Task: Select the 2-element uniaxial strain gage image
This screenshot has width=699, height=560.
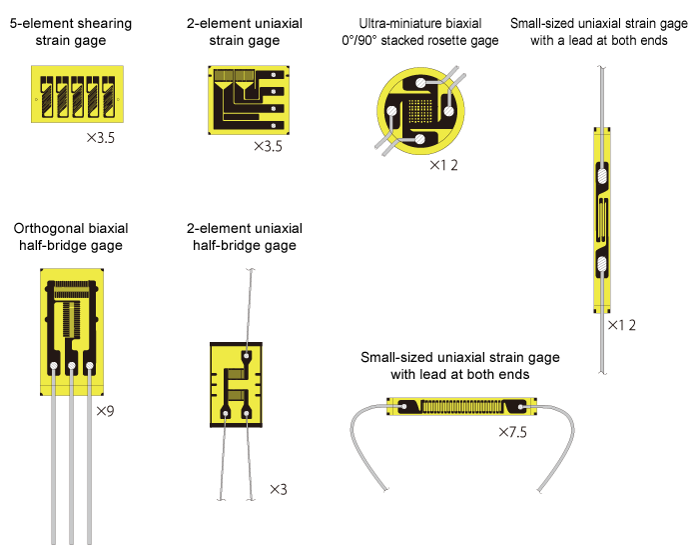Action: [x=248, y=99]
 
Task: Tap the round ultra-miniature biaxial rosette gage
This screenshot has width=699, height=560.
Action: [x=421, y=112]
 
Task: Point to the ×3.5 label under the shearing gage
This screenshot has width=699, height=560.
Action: [x=101, y=140]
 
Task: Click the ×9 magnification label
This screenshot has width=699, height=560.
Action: [x=105, y=410]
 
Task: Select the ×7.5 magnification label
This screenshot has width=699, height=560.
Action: [x=512, y=432]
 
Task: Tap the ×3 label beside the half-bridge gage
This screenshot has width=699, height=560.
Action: [x=279, y=490]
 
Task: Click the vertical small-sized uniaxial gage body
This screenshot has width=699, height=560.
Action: [x=601, y=220]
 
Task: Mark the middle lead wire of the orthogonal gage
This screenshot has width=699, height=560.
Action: [x=71, y=460]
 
